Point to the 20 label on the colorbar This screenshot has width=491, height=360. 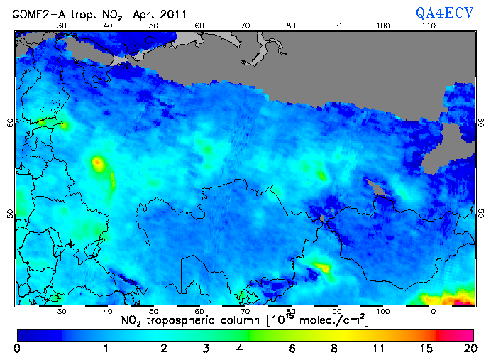tap(468, 349)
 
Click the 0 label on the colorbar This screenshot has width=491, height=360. tap(17, 349)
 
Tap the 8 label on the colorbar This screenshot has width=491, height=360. tap(334, 349)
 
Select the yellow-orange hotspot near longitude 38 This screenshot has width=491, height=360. tap(98, 164)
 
